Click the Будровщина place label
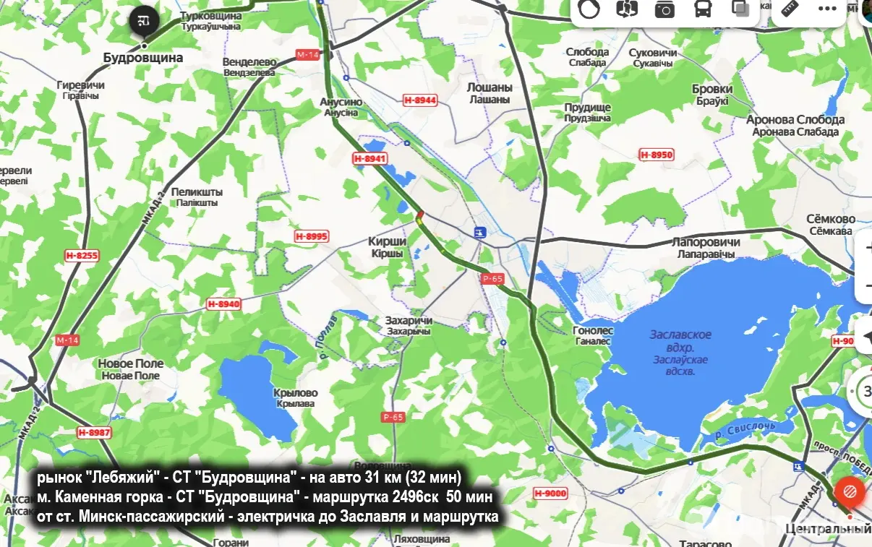click(x=143, y=57)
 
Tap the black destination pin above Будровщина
click(x=143, y=20)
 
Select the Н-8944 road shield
click(x=420, y=100)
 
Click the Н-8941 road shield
click(x=370, y=158)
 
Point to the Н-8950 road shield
click(x=657, y=155)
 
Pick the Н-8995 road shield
click(x=312, y=236)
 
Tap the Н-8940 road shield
click(x=223, y=304)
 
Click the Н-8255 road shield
click(x=82, y=255)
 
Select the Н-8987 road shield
click(x=95, y=432)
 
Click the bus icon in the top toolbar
click(x=702, y=9)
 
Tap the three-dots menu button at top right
click(x=827, y=9)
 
